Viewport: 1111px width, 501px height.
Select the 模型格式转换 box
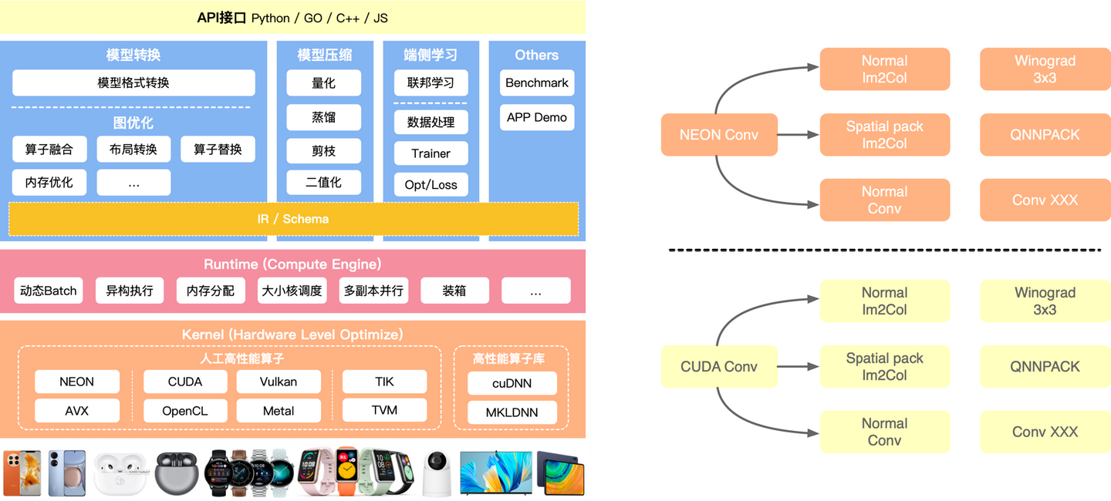pos(133,82)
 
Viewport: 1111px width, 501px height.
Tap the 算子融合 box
pos(49,149)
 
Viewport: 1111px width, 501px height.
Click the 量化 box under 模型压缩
pos(323,82)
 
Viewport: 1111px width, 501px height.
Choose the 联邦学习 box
pos(431,82)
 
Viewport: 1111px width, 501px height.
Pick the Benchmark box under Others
pos(536,82)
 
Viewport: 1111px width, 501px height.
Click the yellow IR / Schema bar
pos(293,219)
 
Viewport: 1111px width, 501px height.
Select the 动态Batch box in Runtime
pos(49,291)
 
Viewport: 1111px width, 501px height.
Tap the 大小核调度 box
pos(291,291)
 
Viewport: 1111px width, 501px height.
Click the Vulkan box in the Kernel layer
pos(278,382)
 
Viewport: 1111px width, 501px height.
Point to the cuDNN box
pos(512,383)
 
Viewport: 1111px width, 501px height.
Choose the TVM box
pos(384,410)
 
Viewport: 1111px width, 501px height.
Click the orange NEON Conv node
pos(718,135)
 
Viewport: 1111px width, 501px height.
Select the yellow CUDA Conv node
pos(718,367)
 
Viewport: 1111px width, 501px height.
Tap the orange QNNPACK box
pos(1045,135)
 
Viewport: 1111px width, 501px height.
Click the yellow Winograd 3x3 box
pos(1045,301)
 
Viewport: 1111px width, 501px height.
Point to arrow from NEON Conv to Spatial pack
pos(798,135)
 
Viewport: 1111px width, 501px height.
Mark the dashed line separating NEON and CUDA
pos(884,250)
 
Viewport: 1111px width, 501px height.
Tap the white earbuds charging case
pos(120,474)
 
